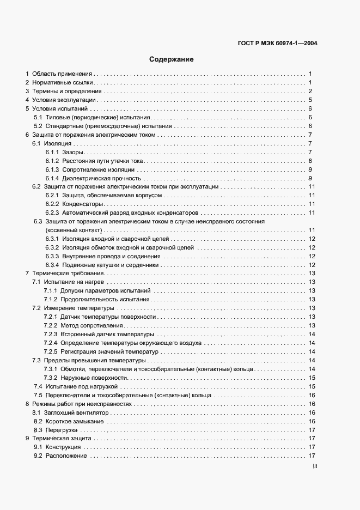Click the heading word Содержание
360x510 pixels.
click(172, 59)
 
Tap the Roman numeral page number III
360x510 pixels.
click(315, 466)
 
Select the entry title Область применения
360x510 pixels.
click(63, 73)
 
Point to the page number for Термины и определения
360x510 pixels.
click(309, 91)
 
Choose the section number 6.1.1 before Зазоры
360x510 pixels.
click(52, 152)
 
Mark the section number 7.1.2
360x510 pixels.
click(51, 300)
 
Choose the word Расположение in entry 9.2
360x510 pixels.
click(66, 456)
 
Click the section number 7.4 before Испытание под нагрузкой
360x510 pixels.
click(38, 386)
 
